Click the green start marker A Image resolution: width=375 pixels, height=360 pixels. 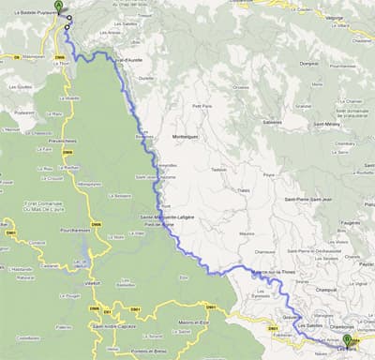point(59,7)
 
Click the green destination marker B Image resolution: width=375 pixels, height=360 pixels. point(347,341)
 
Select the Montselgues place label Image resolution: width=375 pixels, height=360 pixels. point(183,136)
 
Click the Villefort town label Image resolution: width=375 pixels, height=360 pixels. point(91,280)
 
